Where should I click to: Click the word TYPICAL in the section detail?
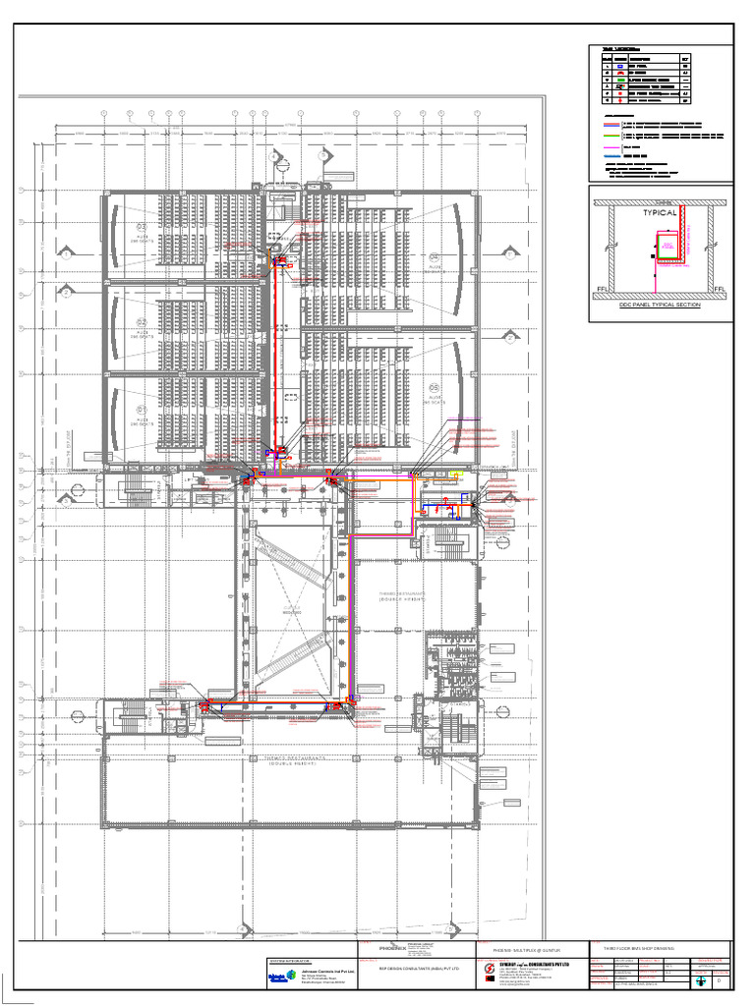(x=660, y=212)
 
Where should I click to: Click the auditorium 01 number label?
(x=142, y=410)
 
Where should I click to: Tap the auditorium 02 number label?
(x=142, y=323)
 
